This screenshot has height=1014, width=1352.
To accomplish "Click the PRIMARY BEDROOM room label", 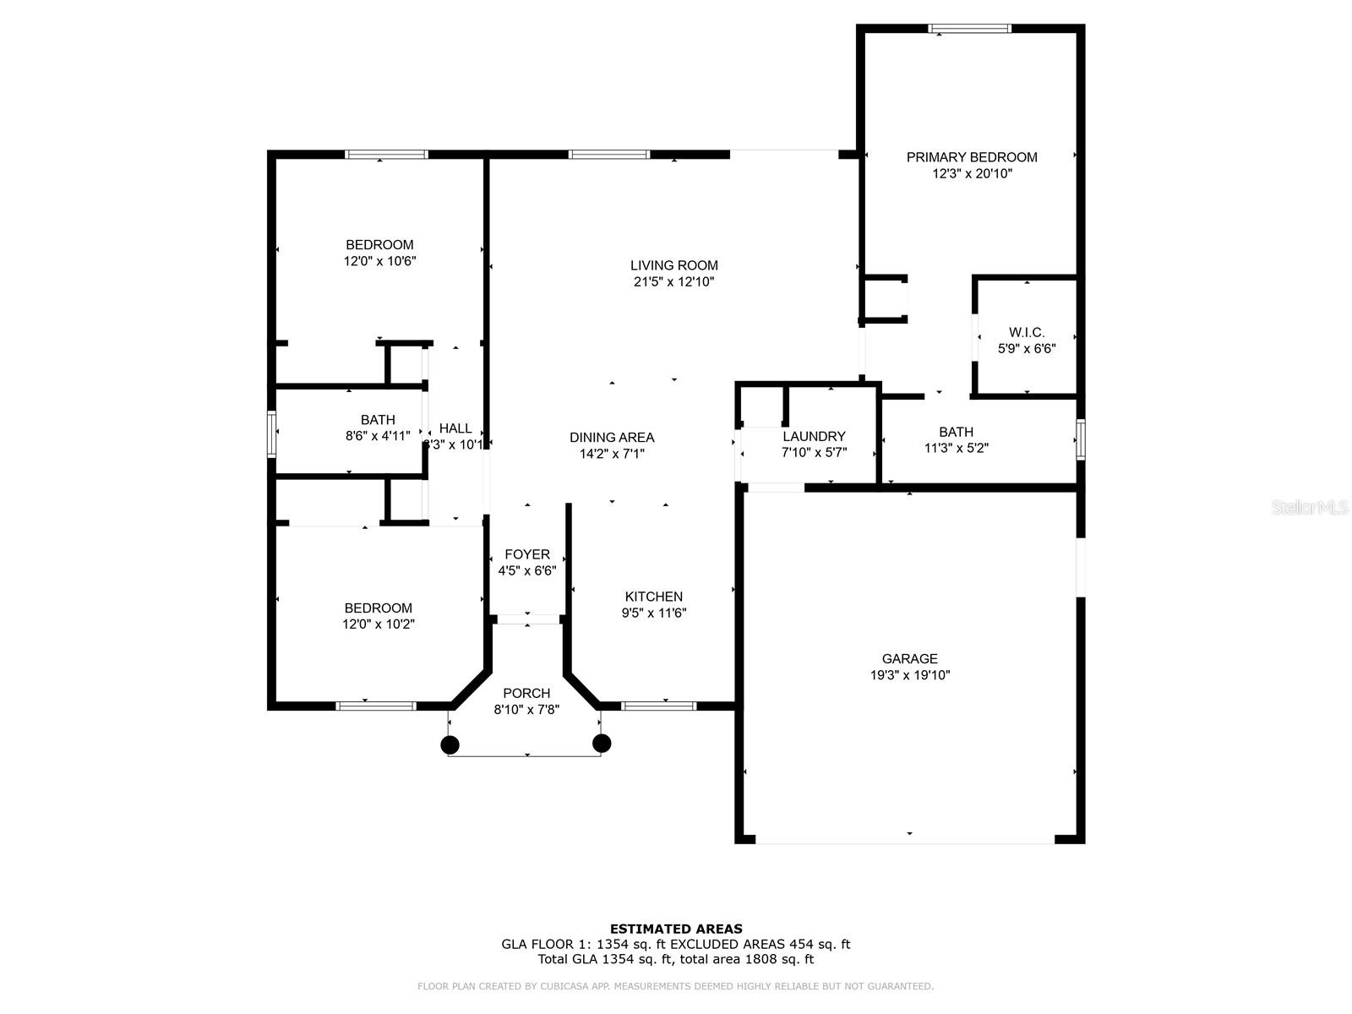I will [972, 157].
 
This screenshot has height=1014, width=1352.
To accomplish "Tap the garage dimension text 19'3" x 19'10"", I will [910, 675].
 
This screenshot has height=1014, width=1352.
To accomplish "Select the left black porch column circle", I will [450, 744].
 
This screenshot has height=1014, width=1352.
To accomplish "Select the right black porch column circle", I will [602, 743].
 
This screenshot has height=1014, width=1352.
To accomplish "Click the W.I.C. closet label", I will [1027, 332].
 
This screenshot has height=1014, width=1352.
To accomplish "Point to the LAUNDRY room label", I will [814, 436].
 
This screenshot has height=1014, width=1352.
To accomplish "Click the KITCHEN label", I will [653, 597].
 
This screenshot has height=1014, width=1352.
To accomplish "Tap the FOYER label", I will [527, 554].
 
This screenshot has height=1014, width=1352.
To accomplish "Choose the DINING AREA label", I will [612, 437].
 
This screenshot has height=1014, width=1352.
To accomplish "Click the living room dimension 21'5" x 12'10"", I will [673, 282].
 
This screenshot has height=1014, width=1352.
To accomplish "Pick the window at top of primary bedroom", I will [969, 29].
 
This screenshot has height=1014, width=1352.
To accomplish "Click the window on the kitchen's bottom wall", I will [658, 706].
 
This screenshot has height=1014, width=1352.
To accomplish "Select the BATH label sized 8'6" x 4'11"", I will [378, 420].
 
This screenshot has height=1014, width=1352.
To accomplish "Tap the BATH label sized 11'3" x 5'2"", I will [956, 432].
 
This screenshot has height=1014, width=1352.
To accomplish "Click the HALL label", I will [455, 428].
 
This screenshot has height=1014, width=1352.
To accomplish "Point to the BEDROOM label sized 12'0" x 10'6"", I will [379, 245].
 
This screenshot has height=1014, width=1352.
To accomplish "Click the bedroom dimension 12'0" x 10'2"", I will [379, 624].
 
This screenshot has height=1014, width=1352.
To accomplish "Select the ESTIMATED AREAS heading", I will [676, 929].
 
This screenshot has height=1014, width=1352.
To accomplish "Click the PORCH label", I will [526, 693].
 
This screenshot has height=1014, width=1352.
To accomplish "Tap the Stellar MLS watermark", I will [1309, 508].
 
